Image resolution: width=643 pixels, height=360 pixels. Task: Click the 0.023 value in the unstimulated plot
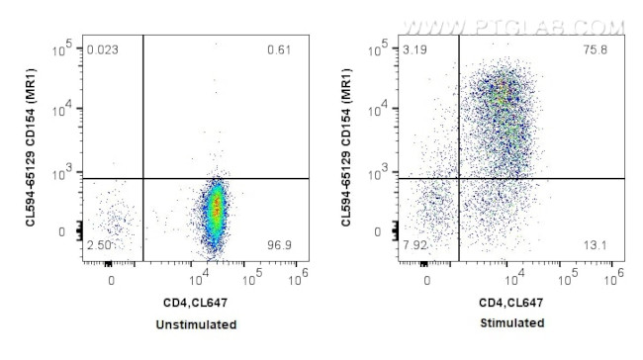pos(103,49)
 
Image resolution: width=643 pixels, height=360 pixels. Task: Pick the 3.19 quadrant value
pos(416,49)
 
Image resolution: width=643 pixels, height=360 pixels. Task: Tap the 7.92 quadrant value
pos(416,244)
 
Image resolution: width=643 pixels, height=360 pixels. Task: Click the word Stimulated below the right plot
pos(511,324)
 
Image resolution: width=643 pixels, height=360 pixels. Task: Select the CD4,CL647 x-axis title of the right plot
pos(511,302)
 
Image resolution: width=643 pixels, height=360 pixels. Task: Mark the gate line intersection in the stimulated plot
pos(459,179)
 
